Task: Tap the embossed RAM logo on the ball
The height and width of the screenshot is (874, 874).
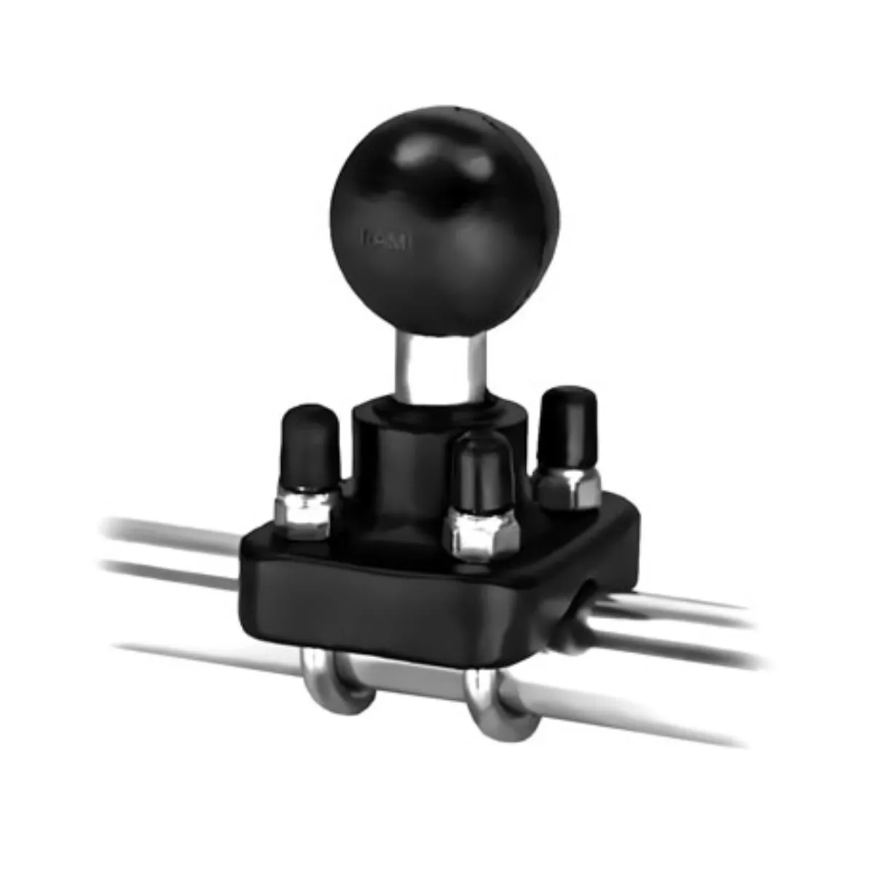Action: point(387,239)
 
